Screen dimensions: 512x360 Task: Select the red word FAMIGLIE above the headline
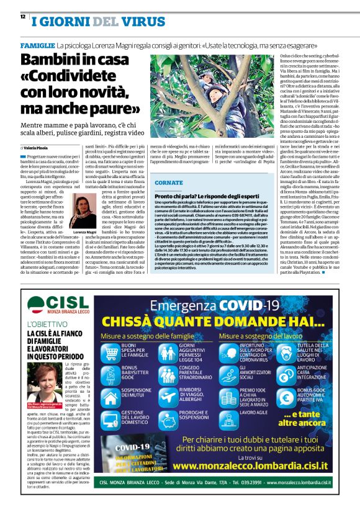pyautogui.click(x=36, y=47)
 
